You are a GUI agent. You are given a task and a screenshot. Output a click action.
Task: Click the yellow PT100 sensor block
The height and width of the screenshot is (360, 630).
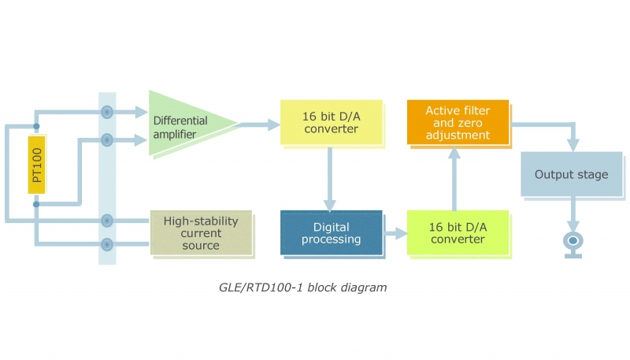tap(37, 165)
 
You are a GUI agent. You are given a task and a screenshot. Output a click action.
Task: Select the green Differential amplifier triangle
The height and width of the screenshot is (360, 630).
tap(185, 124)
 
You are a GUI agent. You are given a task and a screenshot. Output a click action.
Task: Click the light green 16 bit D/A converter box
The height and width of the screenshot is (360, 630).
tap(456, 233)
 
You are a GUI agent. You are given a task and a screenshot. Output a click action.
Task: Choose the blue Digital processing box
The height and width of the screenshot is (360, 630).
tap(331, 233)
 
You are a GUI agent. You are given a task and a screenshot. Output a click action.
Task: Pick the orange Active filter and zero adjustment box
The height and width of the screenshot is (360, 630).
tap(457, 122)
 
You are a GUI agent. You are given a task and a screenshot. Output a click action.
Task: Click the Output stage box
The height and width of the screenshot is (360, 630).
tap(571, 174)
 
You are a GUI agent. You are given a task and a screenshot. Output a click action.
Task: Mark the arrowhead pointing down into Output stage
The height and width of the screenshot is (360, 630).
tap(573, 143)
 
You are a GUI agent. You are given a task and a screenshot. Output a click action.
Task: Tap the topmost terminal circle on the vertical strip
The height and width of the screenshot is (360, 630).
tap(107, 113)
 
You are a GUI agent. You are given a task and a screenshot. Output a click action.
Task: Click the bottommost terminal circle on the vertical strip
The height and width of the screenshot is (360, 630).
tap(107, 245)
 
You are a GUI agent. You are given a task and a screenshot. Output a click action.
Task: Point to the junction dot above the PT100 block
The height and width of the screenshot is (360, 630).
tap(37, 126)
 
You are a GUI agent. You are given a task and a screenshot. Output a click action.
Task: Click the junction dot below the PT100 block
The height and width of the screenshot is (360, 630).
tap(37, 205)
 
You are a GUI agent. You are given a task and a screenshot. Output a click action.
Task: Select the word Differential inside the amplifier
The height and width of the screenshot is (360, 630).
tap(180, 121)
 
